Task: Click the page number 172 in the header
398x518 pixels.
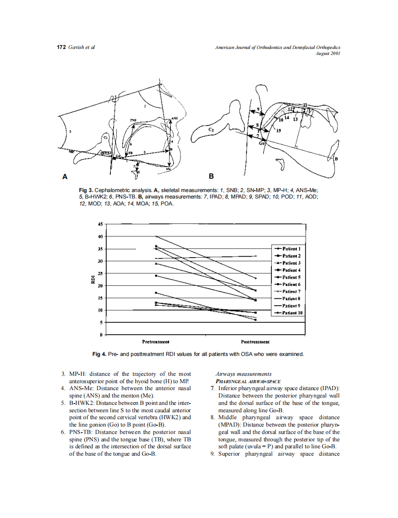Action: click(x=61, y=47)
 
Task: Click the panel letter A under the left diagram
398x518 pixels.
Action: click(x=65, y=176)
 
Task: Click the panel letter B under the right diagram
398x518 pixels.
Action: click(x=211, y=176)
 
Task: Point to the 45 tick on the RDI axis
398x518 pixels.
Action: click(x=100, y=224)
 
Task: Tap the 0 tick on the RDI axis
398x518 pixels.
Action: click(x=102, y=334)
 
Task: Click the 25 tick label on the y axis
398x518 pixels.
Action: click(x=100, y=273)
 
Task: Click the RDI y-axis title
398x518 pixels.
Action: click(x=93, y=279)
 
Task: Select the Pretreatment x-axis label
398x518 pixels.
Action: click(x=156, y=342)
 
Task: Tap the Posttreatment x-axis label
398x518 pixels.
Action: click(x=255, y=342)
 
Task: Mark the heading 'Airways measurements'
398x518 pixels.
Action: click(x=243, y=374)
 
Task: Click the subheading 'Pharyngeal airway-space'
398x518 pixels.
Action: click(x=248, y=381)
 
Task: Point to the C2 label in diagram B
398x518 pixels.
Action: click(x=211, y=130)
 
